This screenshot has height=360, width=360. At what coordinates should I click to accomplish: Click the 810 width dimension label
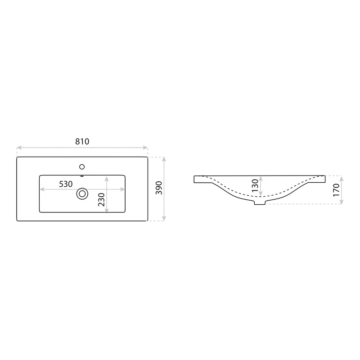[82, 141]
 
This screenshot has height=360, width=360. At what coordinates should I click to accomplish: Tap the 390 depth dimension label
[159, 188]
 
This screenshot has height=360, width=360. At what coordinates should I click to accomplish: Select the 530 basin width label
[66, 184]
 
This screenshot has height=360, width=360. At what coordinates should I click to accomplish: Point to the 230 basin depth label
[101, 199]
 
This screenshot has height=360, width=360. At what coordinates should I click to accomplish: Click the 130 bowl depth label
[255, 185]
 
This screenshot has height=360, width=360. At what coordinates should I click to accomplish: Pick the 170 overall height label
[336, 190]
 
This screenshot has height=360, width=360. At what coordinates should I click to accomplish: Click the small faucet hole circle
[82, 166]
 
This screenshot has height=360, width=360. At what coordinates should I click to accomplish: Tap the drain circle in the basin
[82, 194]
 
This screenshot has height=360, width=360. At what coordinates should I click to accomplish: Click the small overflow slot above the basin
[82, 176]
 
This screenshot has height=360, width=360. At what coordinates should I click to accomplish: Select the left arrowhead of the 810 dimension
[19, 148]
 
